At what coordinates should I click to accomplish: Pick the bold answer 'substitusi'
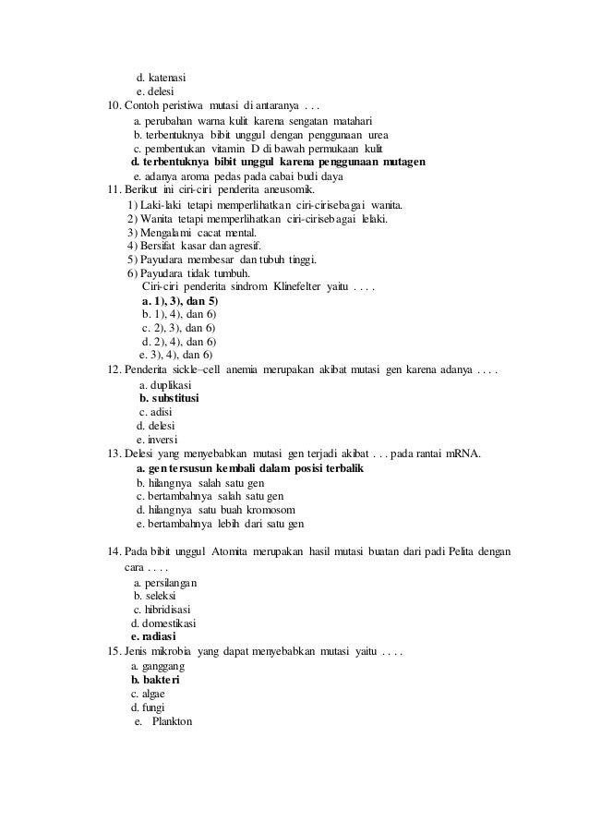[175, 398]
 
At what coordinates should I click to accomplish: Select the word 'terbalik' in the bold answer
[341, 468]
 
